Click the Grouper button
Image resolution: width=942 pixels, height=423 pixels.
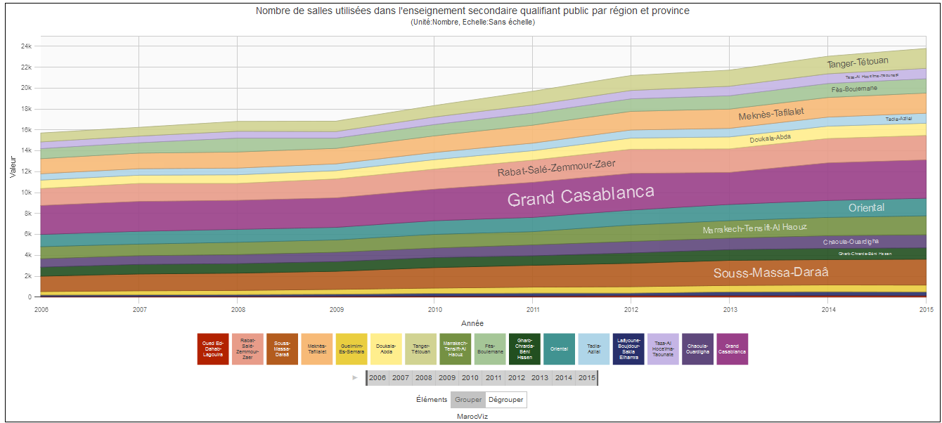(x=468, y=400)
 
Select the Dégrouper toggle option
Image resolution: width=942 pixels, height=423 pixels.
(x=505, y=400)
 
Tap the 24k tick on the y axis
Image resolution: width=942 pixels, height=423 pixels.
(x=25, y=46)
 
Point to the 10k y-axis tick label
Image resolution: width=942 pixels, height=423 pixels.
(x=25, y=193)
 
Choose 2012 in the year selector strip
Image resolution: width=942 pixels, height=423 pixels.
(x=517, y=378)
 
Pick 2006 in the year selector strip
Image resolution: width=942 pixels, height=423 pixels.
(x=378, y=378)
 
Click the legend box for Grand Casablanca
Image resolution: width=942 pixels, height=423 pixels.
(x=731, y=349)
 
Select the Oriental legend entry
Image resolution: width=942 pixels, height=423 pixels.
(x=559, y=349)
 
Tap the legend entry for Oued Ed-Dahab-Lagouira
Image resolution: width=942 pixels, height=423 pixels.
(x=213, y=349)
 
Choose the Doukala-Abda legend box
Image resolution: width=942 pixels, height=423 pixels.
(x=386, y=349)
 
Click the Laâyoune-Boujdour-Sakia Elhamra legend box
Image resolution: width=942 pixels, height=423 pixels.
(x=628, y=349)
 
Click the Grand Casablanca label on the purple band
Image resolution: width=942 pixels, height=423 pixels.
(x=581, y=196)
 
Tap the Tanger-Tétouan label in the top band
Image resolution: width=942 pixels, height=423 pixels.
(x=858, y=63)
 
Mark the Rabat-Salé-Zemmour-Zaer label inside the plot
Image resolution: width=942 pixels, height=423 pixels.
(x=556, y=168)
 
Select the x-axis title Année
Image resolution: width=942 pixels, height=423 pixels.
(x=472, y=323)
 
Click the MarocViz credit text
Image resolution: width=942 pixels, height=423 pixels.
(x=472, y=417)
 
